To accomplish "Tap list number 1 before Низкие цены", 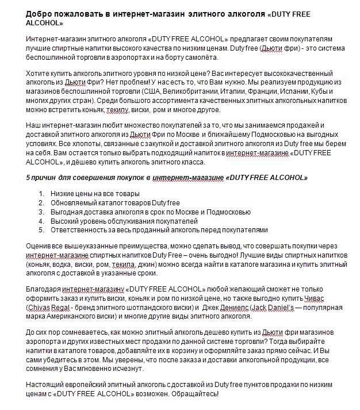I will click(x=41, y=194).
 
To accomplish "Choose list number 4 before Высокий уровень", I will click(x=41, y=221).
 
